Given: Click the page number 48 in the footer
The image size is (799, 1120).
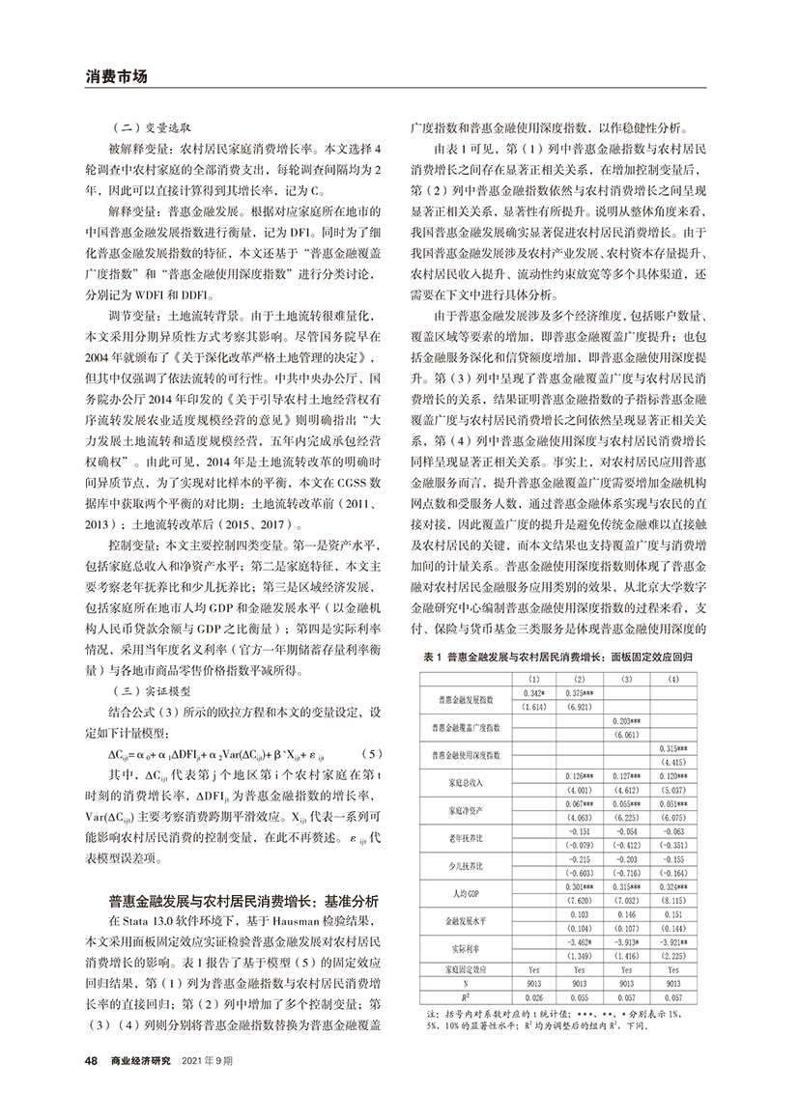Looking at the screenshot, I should point(91,1060).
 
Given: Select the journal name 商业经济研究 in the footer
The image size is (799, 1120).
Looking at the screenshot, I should point(141,1060).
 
